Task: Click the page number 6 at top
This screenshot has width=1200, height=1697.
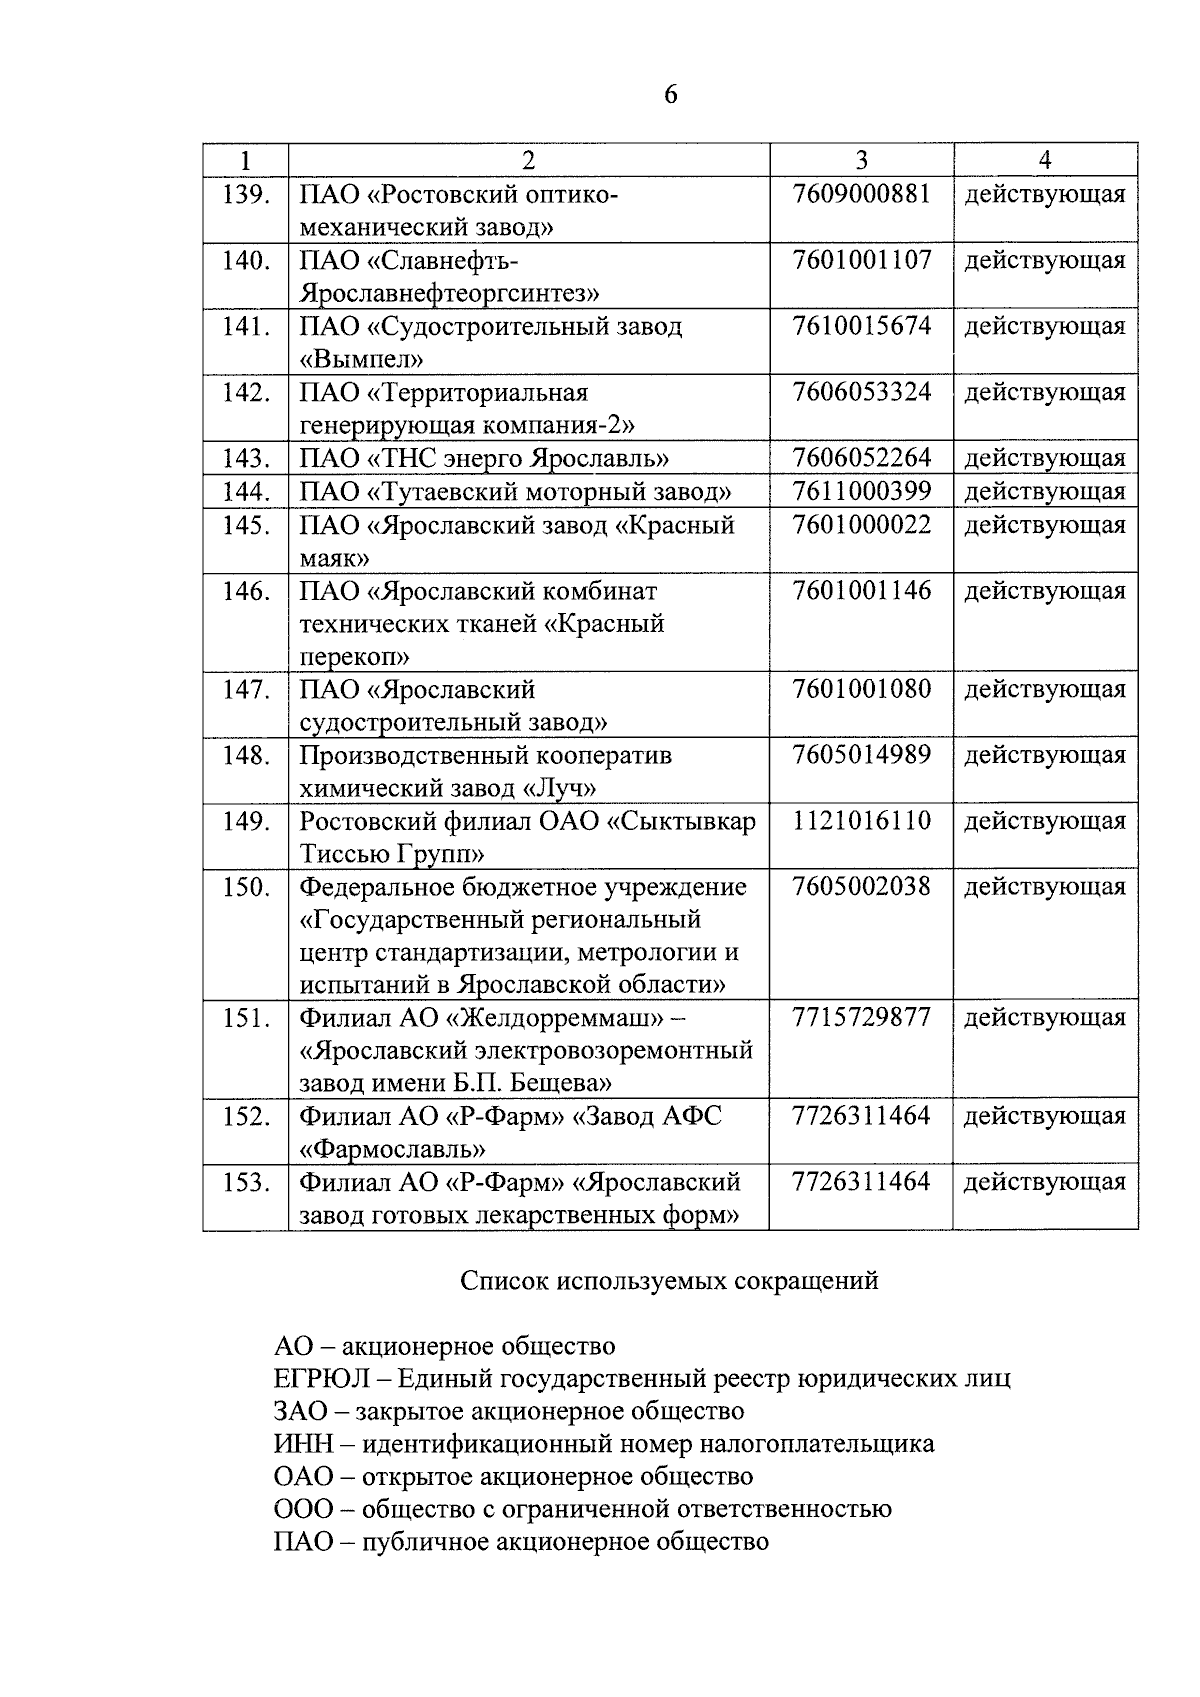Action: [x=670, y=95]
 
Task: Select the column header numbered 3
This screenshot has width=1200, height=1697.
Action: [x=861, y=160]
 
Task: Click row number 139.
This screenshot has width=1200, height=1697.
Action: [x=246, y=194]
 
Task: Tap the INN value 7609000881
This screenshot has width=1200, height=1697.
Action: [x=861, y=194]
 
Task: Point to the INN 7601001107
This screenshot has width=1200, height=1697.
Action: [x=861, y=260]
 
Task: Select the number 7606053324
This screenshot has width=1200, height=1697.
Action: [x=861, y=392]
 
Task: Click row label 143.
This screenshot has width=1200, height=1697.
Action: [x=246, y=458]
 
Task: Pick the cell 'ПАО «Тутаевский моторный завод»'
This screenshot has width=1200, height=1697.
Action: [x=516, y=491]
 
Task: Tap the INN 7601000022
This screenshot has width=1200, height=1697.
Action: [x=861, y=525]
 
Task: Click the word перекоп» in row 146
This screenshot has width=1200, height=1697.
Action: [x=355, y=657]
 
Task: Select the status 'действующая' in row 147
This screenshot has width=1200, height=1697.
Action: [x=1044, y=689]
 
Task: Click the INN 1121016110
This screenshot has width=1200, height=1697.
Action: [x=861, y=821]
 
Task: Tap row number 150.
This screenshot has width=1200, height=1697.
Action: [x=246, y=887]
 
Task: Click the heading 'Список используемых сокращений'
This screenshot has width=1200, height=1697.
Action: [x=669, y=1280]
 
